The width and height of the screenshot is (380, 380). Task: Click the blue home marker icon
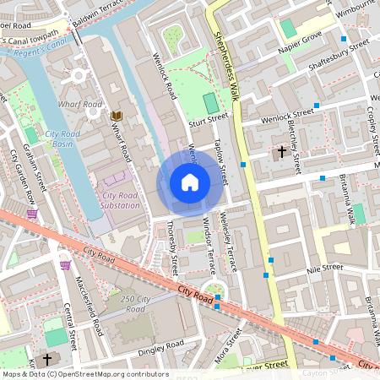coord(190,182)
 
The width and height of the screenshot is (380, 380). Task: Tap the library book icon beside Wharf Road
coord(117,115)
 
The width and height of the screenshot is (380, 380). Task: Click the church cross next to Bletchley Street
coord(281,151)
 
